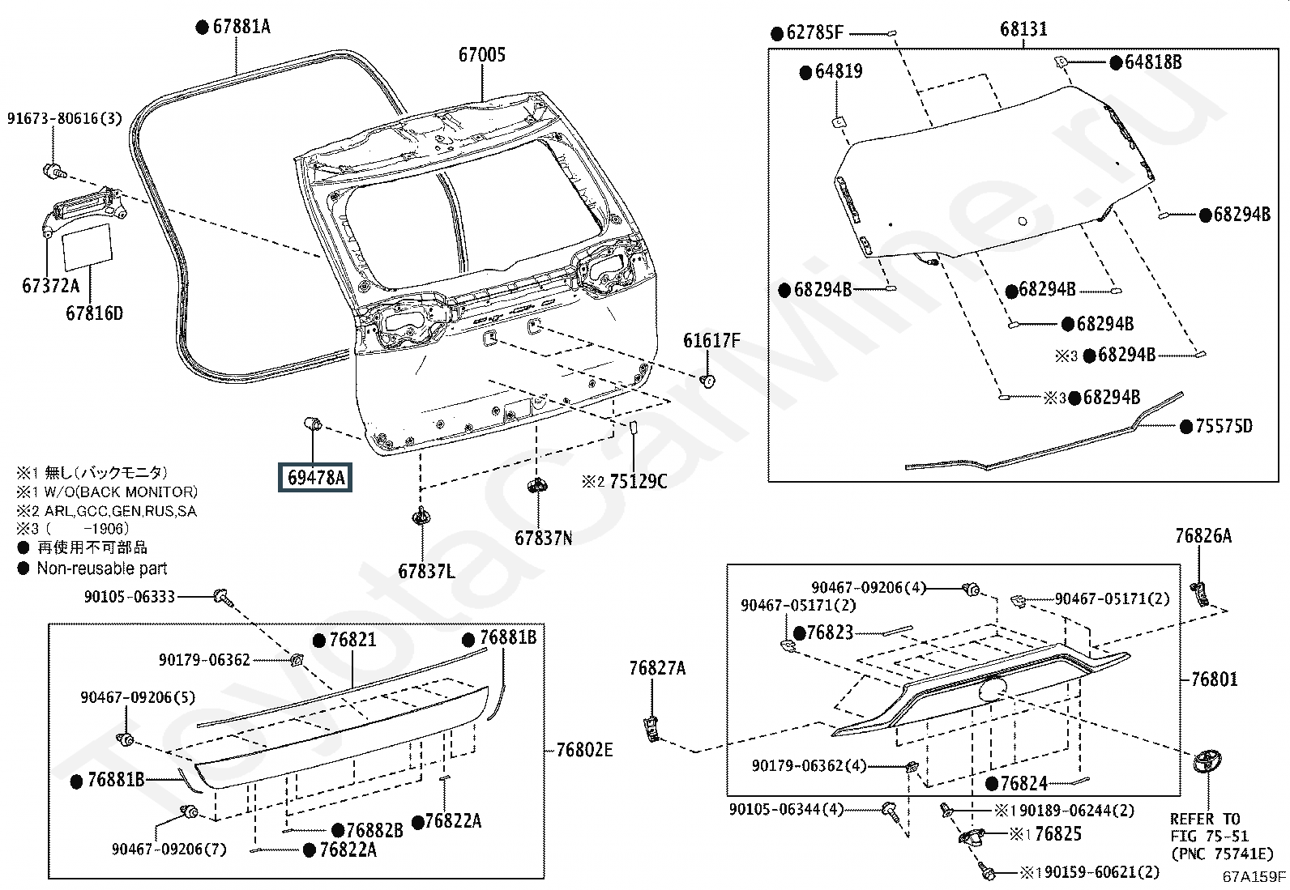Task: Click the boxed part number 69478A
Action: coord(315,477)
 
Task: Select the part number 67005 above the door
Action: coord(482,55)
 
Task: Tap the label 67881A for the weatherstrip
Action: coord(241,27)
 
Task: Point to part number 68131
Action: coord(1023,29)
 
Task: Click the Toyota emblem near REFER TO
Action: coord(1207,762)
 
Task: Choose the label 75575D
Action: coord(1224,426)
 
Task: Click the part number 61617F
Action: coord(711,341)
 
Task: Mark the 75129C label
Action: coord(638,481)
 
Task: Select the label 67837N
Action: coord(543,538)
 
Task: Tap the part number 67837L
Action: coord(426,571)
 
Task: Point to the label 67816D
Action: coord(95,313)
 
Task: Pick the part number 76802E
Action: coord(584,750)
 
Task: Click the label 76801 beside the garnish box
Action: coord(1214,679)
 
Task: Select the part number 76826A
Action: coord(1203,536)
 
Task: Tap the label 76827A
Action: coord(657,668)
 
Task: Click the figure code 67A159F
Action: coord(1254,877)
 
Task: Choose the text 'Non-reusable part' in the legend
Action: coord(102,568)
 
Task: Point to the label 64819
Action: coord(839,71)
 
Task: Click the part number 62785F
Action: coord(814,33)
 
